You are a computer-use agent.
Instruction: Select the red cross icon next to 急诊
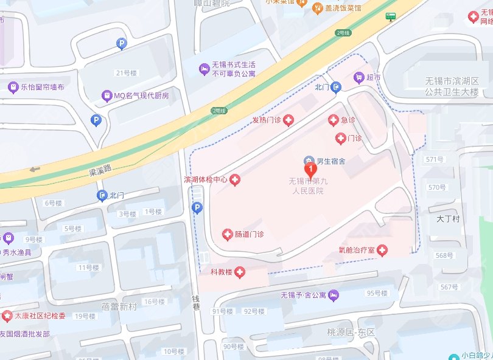coord(333,120)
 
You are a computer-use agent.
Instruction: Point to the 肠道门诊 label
coord(249,234)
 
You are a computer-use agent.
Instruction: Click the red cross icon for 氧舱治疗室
coord(382,250)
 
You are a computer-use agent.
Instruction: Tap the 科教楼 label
coord(222,272)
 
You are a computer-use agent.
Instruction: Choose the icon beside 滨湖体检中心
coord(234,179)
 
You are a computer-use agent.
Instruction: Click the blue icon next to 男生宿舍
coord(309,161)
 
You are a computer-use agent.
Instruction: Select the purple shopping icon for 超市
coord(358,78)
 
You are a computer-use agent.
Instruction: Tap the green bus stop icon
coord(390,16)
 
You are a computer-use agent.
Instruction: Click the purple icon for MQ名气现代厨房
coord(107,95)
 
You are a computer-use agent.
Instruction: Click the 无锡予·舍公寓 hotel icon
coord(333,296)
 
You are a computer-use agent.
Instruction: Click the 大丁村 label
coord(448,218)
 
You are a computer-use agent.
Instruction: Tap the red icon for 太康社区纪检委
coord(6,316)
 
